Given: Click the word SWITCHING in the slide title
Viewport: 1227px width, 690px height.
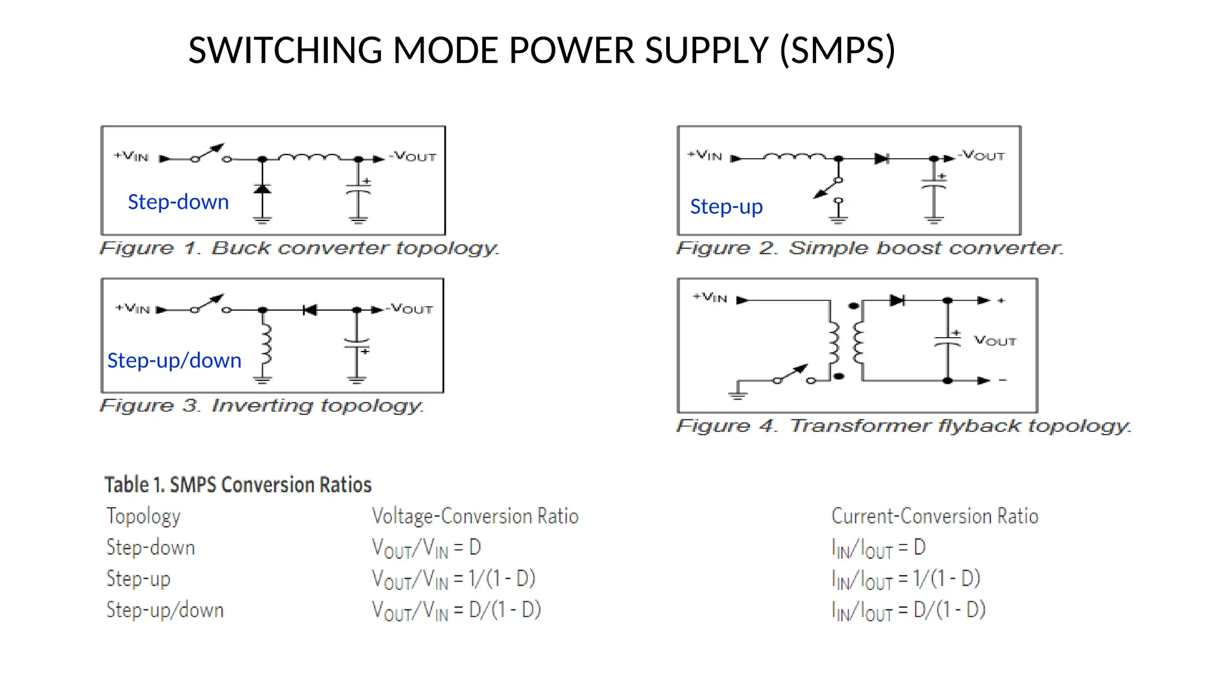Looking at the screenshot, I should coord(285,50).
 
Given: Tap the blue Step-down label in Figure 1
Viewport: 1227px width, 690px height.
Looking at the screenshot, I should coord(178,202).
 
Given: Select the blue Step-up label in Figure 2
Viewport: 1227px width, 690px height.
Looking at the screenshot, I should coord(726,207).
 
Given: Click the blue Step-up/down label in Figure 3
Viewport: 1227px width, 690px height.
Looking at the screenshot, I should coord(174,361).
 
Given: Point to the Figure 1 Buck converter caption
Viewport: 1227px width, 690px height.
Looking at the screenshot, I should coord(299,248).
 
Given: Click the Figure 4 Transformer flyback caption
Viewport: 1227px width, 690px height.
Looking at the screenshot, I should coord(903,426).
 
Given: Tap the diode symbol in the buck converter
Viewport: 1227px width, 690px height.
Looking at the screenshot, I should coord(262,189).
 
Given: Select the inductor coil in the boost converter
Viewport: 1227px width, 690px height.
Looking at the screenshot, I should coord(794,157).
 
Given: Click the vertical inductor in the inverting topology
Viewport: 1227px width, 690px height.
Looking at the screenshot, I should coord(265,346).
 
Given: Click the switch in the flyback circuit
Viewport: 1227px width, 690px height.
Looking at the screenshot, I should coord(794,375).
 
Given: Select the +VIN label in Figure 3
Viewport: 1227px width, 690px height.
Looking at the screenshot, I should coord(132,308).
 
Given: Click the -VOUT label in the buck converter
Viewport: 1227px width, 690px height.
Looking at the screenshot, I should coord(413,156).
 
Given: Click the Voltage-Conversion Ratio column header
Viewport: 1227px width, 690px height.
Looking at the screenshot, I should coord(475,516).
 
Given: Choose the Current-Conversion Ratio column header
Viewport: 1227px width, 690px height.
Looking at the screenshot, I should coord(934,516).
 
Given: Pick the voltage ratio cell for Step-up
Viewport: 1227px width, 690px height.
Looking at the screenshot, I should coord(453,579).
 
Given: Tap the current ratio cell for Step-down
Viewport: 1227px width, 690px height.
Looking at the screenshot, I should coord(878,547).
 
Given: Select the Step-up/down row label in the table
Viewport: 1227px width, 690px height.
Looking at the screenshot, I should coord(165,610).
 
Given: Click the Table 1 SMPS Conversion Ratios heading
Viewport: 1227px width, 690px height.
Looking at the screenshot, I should coord(238,485).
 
